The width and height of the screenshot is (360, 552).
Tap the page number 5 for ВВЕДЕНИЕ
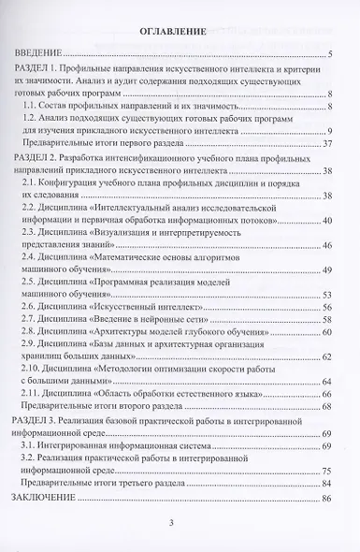tap(333, 57)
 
